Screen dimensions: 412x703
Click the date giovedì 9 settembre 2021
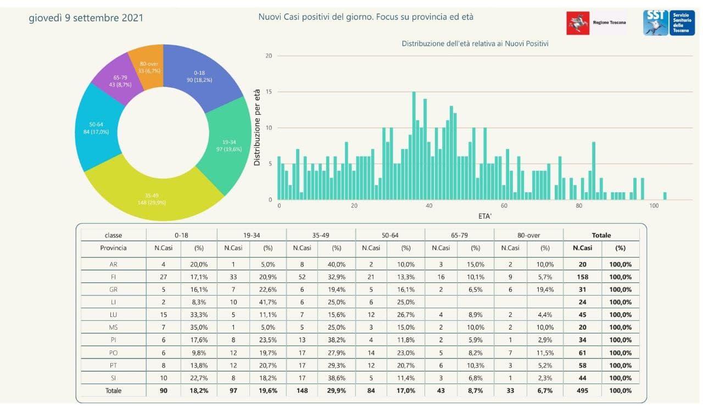pyautogui.click(x=86, y=18)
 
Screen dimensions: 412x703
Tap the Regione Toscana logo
pyautogui.click(x=596, y=23)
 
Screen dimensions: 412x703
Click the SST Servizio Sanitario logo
pyautogui.click(x=668, y=23)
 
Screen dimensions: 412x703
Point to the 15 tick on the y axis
pyautogui.click(x=269, y=92)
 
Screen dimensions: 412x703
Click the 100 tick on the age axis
pyautogui.click(x=654, y=206)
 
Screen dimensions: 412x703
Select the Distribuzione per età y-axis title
pyautogui.click(x=257, y=127)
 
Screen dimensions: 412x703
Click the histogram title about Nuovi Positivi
pyautogui.click(x=475, y=43)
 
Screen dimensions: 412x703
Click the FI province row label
pyautogui.click(x=113, y=277)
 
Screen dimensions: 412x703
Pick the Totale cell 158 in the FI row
pyautogui.click(x=582, y=277)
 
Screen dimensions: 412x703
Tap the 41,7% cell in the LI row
pyautogui.click(x=268, y=302)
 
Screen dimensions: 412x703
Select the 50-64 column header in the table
pyautogui.click(x=390, y=235)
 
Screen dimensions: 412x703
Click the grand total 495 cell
pyautogui.click(x=582, y=391)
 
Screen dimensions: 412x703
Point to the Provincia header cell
pyautogui.click(x=113, y=248)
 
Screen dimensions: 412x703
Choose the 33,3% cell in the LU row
pyautogui.click(x=199, y=315)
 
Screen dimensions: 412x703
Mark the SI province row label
pyautogui.click(x=113, y=378)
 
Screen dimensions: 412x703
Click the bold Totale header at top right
pyautogui.click(x=601, y=235)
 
